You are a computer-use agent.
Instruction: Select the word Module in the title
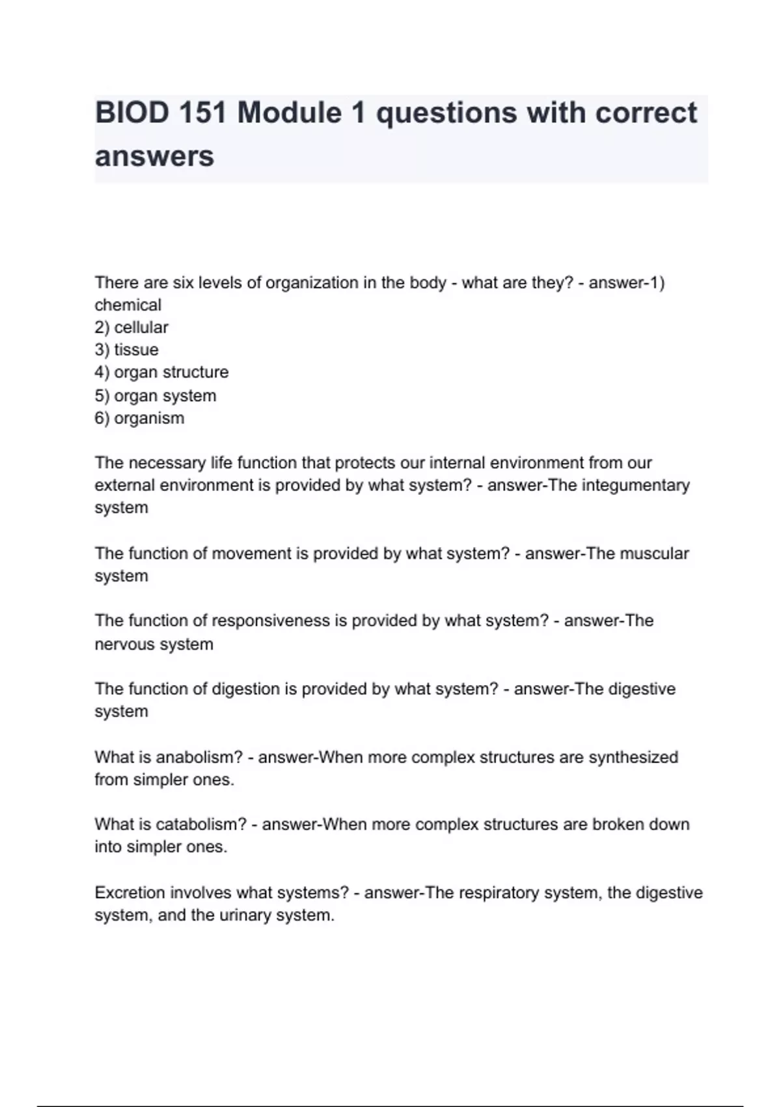coord(288,113)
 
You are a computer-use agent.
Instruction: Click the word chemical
coord(128,305)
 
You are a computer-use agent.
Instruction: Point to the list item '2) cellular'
coord(131,327)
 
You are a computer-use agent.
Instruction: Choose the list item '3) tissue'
coord(126,350)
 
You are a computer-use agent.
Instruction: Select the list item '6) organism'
coord(139,417)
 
